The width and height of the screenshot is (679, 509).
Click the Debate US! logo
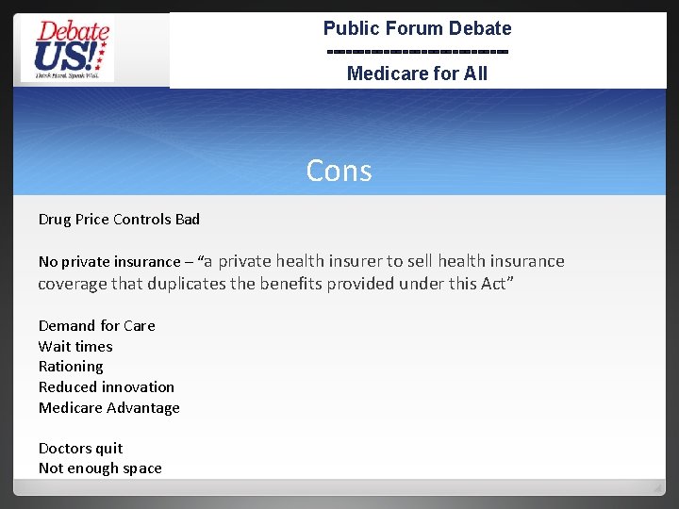pos(67,49)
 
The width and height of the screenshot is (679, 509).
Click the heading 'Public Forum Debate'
pos(417,28)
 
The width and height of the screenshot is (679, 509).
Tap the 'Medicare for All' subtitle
pos(417,74)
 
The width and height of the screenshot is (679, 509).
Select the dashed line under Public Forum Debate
pos(417,51)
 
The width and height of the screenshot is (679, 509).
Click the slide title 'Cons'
pos(339,171)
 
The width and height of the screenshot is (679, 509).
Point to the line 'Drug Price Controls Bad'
pos(119,220)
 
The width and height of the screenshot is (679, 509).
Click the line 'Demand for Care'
pos(96,325)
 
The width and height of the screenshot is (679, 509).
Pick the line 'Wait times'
pos(75,346)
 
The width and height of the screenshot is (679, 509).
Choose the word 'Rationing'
pos(71,367)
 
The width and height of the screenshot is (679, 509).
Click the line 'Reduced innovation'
pos(107,386)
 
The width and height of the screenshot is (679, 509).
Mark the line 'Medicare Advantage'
pos(108,407)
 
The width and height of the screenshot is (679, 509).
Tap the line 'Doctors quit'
pos(80,448)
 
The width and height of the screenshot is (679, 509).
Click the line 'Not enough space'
pos(100,468)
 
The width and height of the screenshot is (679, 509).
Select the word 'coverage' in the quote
pos(69,284)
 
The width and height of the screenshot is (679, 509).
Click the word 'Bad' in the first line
pos(188,220)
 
